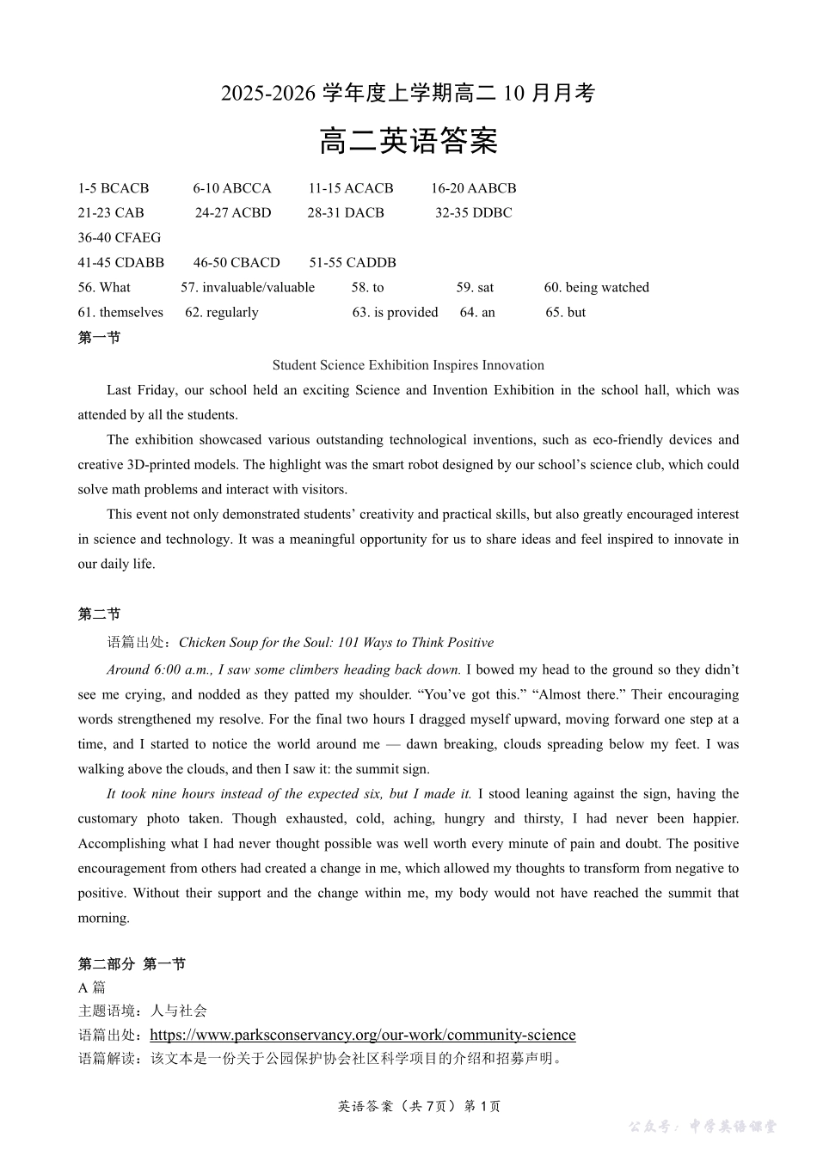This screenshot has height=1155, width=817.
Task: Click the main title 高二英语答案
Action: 408,141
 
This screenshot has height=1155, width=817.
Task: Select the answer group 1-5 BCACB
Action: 114,188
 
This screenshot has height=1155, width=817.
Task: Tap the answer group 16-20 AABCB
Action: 473,188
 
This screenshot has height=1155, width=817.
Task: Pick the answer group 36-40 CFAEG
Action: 120,238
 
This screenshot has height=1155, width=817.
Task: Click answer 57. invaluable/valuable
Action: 248,288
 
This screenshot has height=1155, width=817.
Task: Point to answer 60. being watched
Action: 596,288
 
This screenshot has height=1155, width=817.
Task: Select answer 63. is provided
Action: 395,313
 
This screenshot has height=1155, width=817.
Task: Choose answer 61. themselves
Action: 120,313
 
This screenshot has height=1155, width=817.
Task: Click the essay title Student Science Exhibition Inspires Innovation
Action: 408,365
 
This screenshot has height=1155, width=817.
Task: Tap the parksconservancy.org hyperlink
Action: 362,1035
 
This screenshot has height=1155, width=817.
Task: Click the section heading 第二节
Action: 99,614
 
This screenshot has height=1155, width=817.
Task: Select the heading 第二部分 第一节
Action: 132,964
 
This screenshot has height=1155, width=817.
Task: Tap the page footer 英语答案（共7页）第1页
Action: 420,1106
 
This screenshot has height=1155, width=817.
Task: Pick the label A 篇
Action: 91,987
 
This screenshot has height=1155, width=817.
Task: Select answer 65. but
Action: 565,313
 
